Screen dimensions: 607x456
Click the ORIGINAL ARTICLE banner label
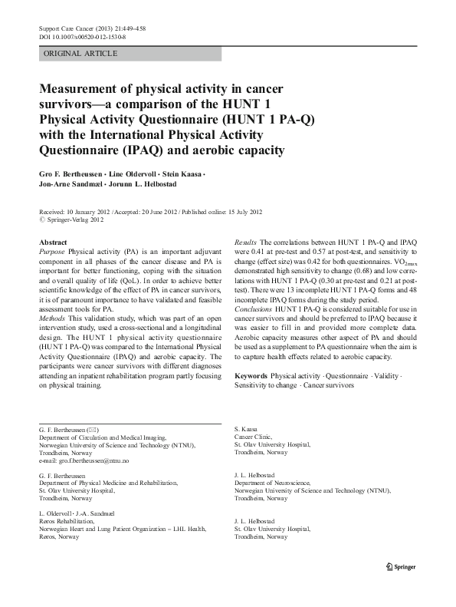point(80,54)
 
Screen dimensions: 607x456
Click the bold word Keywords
point(251,375)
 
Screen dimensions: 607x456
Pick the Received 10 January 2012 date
point(73,211)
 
